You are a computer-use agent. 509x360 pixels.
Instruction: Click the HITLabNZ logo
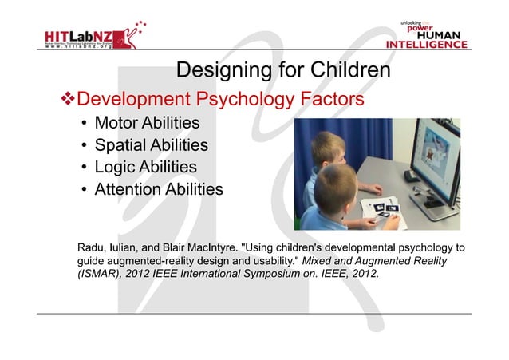(x=87, y=35)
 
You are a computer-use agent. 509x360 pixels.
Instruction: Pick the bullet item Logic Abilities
(x=145, y=168)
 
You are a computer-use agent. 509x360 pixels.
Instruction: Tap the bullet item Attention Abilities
(x=159, y=190)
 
